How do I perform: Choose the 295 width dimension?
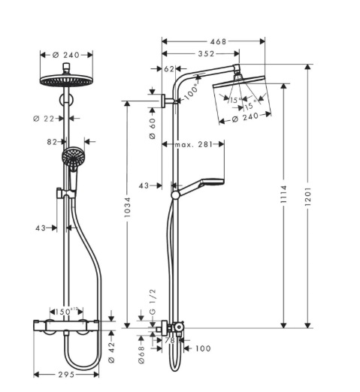(x=66, y=375)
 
